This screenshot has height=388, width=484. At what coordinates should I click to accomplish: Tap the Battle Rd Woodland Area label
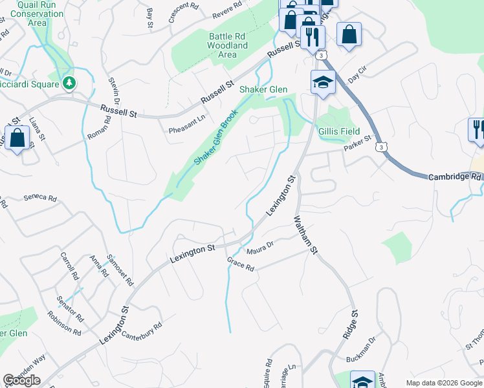[x=227, y=46]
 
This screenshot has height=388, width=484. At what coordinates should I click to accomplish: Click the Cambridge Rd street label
[x=456, y=177]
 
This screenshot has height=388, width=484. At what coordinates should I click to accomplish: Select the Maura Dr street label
[x=261, y=246]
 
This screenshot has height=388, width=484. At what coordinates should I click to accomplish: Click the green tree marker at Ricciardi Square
[x=68, y=83]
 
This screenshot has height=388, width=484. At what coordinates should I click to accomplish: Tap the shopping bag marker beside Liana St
[x=17, y=138]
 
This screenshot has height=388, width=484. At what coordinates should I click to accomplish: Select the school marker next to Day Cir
[x=322, y=82]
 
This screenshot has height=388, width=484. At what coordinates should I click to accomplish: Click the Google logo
[x=21, y=380]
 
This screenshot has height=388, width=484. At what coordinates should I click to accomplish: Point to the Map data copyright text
[x=443, y=383]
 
